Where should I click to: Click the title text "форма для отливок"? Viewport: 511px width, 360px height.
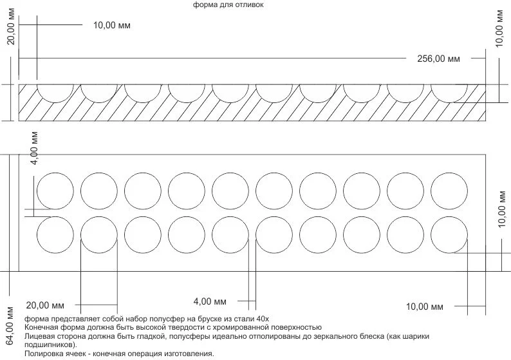pos(228,5)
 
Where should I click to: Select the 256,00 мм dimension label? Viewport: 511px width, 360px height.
pos(439,59)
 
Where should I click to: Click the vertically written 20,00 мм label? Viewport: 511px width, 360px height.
pos(11,27)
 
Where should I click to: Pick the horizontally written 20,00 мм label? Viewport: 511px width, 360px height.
pos(45,305)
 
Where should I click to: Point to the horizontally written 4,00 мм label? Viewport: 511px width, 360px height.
pos(210,301)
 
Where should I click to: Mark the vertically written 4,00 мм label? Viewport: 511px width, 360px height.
pos(35,148)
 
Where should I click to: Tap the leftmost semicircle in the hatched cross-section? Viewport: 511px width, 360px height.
pos(55,102)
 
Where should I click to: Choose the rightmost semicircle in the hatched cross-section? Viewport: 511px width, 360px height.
pos(449,102)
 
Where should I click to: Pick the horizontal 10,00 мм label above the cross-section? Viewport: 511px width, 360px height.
pos(112,25)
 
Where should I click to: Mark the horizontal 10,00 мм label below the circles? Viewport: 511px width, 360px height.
pos(424,307)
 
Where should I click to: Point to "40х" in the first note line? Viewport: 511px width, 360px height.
pos(263,319)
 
